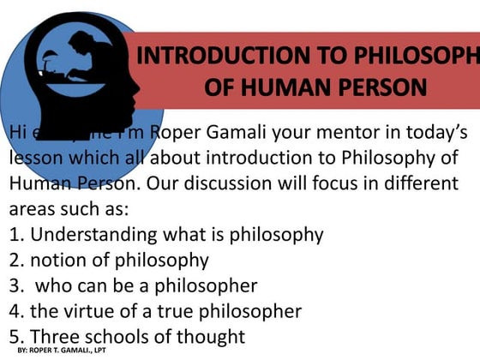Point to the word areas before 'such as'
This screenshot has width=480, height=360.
pyautogui.click(x=33, y=208)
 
